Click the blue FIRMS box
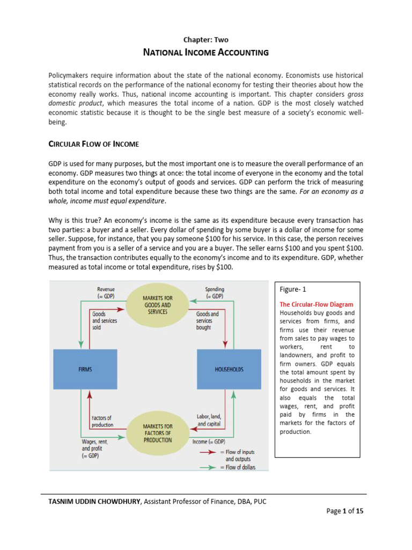[85, 370]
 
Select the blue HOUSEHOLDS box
[229, 370]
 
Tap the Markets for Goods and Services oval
[157, 305]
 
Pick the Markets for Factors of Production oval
[157, 433]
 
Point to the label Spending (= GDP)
[215, 293]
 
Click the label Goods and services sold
[104, 321]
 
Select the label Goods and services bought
[208, 321]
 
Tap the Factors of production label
[102, 421]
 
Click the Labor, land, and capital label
[209, 420]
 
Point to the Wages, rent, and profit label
[94, 448]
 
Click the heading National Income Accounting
[205, 53]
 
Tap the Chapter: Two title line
[205, 39]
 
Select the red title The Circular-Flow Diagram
[317, 305]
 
